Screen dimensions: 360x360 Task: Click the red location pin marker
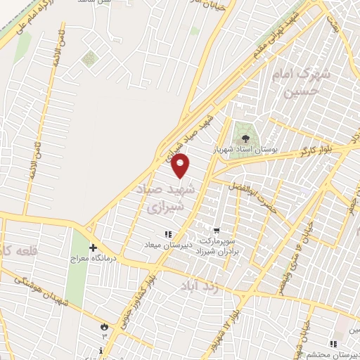[x=181, y=166]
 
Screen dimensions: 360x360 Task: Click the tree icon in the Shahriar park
[x=246, y=139]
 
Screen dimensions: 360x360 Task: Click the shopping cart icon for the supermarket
[x=216, y=229]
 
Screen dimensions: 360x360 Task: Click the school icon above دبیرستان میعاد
[x=167, y=234]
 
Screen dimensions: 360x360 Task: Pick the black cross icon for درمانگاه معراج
[x=93, y=247]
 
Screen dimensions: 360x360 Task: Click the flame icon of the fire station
[x=105, y=326]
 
